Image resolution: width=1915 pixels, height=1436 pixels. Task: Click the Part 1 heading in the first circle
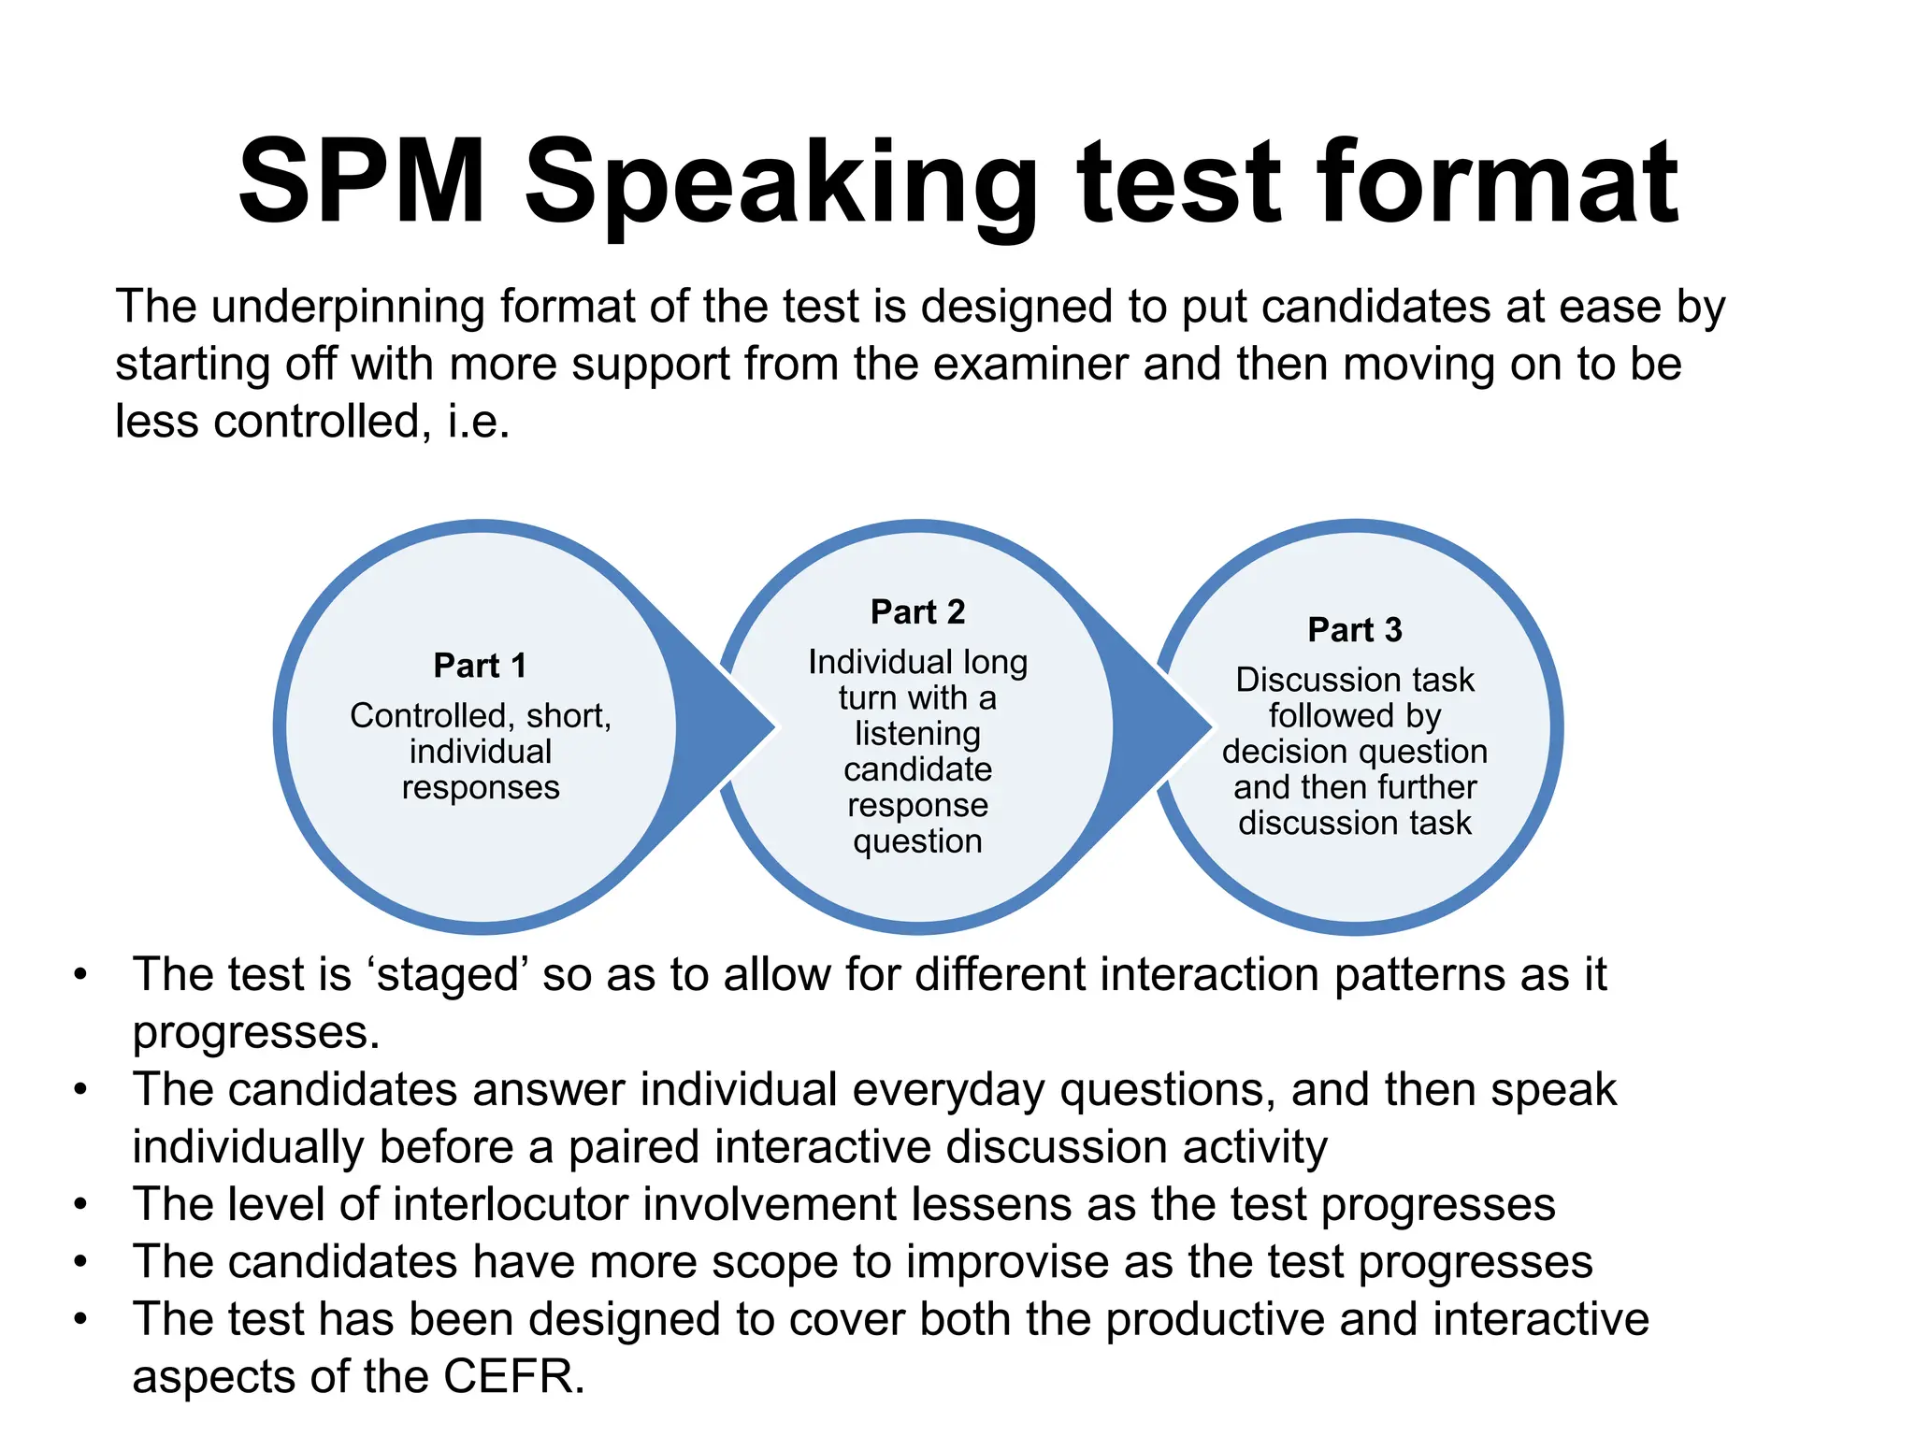[x=480, y=666]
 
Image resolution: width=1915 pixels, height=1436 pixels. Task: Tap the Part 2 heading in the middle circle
[x=917, y=611]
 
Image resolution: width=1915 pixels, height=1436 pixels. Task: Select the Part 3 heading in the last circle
[x=1355, y=629]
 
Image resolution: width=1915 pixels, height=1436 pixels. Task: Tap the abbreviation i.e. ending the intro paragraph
[x=479, y=422]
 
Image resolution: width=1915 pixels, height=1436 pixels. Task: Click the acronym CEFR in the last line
[x=513, y=1376]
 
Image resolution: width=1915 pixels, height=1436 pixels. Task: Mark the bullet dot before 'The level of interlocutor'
[x=81, y=1204]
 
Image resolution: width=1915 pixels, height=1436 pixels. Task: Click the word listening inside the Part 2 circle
[x=917, y=733]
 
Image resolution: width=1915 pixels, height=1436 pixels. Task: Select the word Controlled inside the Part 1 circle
[x=427, y=715]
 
